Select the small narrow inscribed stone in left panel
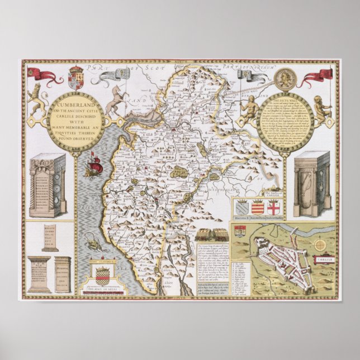(50, 238)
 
